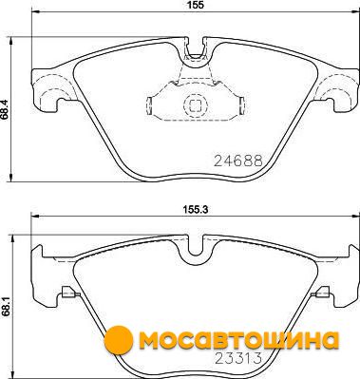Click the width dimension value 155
(197, 5)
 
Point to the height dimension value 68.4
(4, 108)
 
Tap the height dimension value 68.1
(4, 306)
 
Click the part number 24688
(238, 161)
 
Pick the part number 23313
(238, 358)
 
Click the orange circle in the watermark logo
(118, 339)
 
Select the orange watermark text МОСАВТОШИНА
(239, 340)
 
